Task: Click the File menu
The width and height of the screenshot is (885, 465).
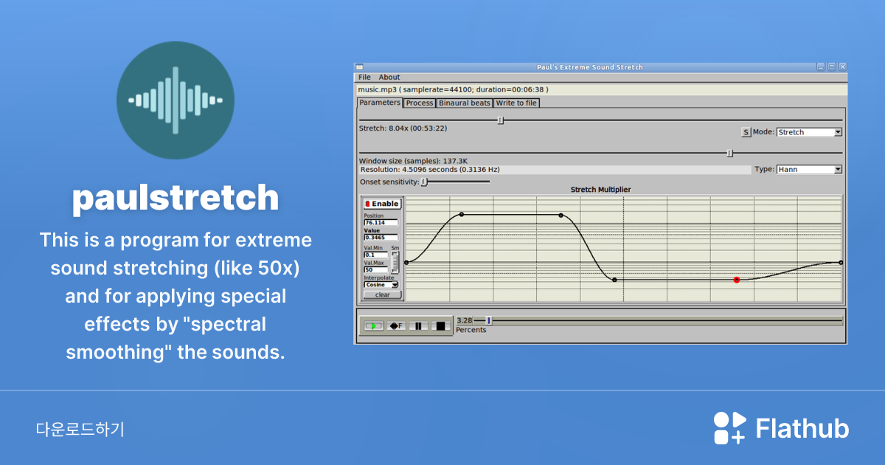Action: click(364, 77)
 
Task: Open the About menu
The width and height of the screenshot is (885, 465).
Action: click(389, 77)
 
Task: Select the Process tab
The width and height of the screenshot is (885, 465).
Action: click(420, 103)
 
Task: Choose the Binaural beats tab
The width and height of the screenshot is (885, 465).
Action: click(465, 103)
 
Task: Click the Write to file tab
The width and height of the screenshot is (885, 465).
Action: click(516, 103)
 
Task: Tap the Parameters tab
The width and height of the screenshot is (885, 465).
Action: click(380, 103)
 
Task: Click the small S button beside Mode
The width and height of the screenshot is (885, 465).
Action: click(746, 132)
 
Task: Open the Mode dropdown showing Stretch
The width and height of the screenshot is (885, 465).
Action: click(809, 132)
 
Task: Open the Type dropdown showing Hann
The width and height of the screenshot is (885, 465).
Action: click(809, 169)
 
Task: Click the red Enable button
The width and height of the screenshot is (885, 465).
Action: click(381, 204)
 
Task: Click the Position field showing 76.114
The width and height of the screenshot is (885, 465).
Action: click(381, 222)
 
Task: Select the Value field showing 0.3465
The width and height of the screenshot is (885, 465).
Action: click(381, 238)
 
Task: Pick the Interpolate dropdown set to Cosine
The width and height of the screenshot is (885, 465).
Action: click(381, 284)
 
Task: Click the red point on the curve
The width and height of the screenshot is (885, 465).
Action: click(737, 280)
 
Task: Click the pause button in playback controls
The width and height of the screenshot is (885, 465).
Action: click(418, 325)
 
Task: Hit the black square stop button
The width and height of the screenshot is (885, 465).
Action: click(440, 325)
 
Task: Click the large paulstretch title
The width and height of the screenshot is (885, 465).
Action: click(176, 198)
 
